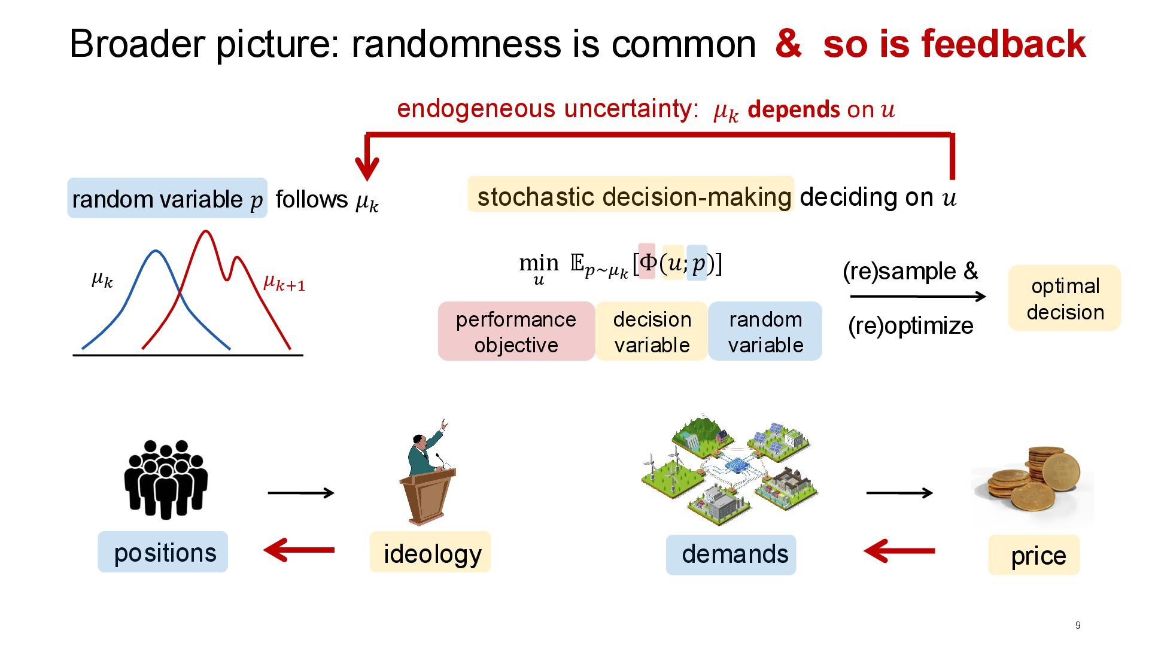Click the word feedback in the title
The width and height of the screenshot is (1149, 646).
tap(1004, 44)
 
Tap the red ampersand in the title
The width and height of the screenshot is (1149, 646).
tap(788, 44)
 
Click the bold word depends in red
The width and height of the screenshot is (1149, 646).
tap(794, 109)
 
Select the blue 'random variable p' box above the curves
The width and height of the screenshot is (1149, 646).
tap(167, 199)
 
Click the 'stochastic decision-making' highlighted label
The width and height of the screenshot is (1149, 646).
tap(631, 196)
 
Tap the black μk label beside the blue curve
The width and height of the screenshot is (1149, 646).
tap(102, 278)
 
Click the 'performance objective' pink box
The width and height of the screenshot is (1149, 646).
tap(516, 331)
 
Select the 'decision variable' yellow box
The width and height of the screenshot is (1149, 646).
tap(652, 331)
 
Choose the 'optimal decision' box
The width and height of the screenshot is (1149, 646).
tap(1065, 298)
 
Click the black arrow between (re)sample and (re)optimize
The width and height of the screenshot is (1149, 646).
tap(917, 296)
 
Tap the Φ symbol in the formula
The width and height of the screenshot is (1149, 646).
tap(648, 262)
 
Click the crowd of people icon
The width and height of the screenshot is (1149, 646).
tap(166, 479)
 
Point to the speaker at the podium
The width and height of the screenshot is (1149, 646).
tap(428, 473)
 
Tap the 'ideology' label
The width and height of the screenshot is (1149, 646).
tap(431, 553)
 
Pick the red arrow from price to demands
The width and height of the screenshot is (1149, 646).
tap(899, 550)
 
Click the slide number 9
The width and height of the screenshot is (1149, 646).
tap(1078, 626)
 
